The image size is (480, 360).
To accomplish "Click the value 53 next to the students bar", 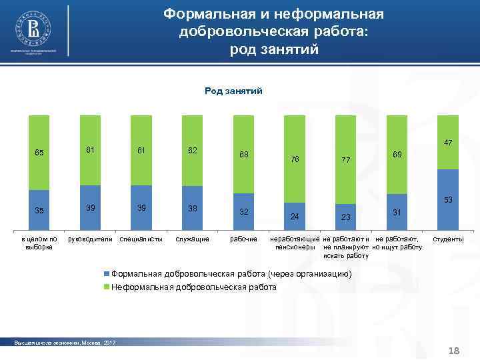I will [x=449, y=200].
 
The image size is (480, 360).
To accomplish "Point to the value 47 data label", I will [x=449, y=143].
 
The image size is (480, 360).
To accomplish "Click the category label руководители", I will [x=90, y=239].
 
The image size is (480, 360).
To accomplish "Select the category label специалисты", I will [x=141, y=239].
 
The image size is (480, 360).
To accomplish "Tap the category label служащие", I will [x=193, y=239].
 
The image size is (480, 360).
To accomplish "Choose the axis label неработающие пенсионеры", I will [x=294, y=243].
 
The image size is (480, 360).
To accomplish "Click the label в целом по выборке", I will [x=39, y=243].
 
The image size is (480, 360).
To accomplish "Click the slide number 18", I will [x=455, y=350].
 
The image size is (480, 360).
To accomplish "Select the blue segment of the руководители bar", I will [x=90, y=207].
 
